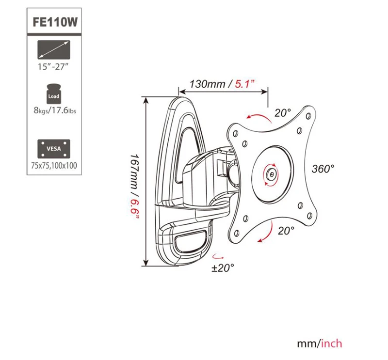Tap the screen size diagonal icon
point(53,49)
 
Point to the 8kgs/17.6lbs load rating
point(53,110)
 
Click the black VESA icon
point(53,148)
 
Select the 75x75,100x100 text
point(53,165)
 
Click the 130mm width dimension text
point(207,84)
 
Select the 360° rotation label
point(323,169)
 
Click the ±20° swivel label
point(223,267)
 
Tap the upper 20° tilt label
point(282,112)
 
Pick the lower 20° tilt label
point(286,231)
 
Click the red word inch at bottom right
point(332,344)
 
